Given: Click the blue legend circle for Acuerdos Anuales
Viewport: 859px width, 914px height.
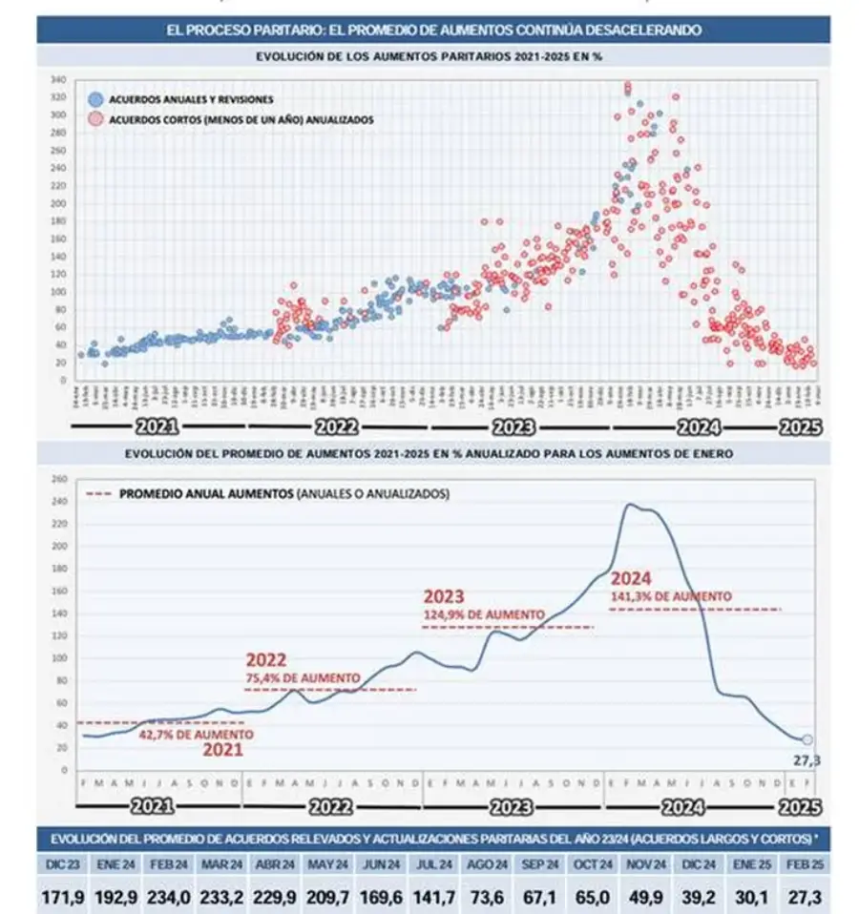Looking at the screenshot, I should click(95, 99).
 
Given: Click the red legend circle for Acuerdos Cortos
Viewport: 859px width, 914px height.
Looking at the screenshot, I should click(95, 119).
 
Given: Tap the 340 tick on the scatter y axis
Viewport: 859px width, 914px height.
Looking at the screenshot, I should click(58, 79).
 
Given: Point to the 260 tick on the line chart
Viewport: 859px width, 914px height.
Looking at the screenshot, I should click(60, 479).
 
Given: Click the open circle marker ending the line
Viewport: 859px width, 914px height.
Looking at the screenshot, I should click(807, 739).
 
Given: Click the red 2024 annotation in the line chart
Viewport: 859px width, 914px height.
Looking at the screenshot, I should click(631, 578).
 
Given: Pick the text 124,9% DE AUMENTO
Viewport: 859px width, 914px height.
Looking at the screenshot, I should click(483, 614).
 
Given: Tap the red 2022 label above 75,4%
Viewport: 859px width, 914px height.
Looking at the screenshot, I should click(266, 659).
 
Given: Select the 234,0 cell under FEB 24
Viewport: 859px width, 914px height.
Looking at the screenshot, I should click(167, 896).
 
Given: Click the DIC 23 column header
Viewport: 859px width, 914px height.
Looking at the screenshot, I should click(61, 863).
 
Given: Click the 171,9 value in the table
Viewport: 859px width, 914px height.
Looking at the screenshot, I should click(62, 896).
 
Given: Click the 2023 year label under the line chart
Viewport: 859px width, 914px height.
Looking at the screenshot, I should click(513, 806).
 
